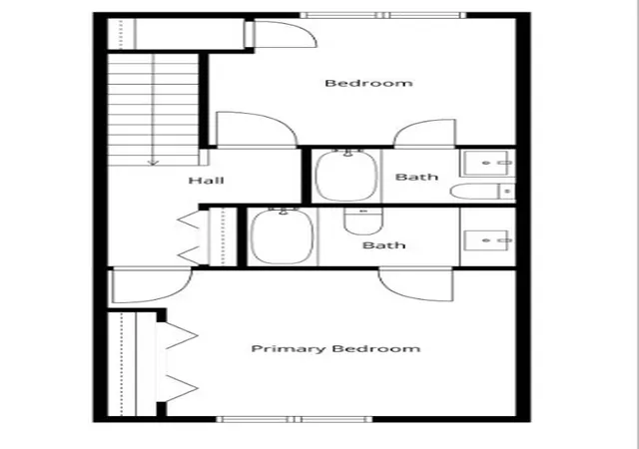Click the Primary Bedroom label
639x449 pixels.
pyautogui.click(x=335, y=349)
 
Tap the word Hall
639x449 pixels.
pyautogui.click(x=207, y=180)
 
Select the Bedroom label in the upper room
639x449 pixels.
pyautogui.click(x=368, y=83)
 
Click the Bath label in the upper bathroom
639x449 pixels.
pyautogui.click(x=416, y=177)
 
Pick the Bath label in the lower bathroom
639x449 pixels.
pyautogui.click(x=383, y=245)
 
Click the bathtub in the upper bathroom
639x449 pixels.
pyautogui.click(x=346, y=176)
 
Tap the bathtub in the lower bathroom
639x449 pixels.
pyautogui.click(x=283, y=236)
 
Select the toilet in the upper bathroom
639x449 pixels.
pyautogui.click(x=482, y=192)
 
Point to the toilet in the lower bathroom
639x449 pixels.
pyautogui.click(x=363, y=222)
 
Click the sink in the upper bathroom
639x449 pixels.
pyautogui.click(x=488, y=163)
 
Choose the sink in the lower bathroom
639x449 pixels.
pyautogui.click(x=488, y=240)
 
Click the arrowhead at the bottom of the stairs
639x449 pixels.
pyautogui.click(x=153, y=163)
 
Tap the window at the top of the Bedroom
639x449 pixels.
pyautogui.click(x=382, y=15)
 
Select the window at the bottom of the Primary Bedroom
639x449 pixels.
pyautogui.click(x=295, y=419)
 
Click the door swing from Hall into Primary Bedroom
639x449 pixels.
pyautogui.click(x=152, y=285)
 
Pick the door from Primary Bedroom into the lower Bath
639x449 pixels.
pyautogui.click(x=416, y=284)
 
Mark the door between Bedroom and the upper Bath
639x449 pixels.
pyautogui.click(x=424, y=133)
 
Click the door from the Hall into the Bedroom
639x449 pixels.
pyautogui.click(x=257, y=129)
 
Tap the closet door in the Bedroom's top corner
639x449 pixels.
pyautogui.click(x=281, y=34)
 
